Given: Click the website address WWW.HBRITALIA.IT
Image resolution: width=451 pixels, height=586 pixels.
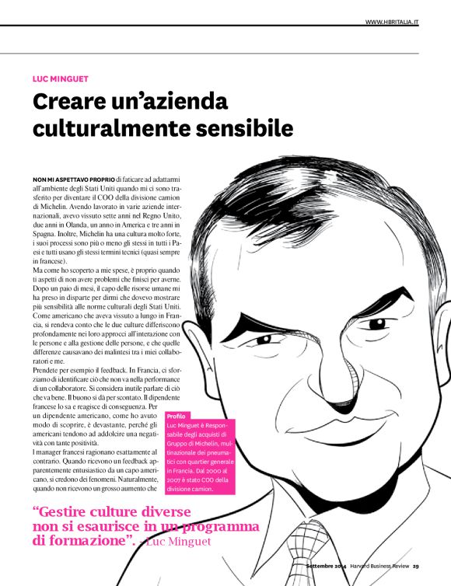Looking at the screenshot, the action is coord(392,22).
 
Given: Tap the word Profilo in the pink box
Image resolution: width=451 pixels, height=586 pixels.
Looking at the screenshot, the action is coord(177,417).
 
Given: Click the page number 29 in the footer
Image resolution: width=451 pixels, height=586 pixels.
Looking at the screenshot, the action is coord(416,566).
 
